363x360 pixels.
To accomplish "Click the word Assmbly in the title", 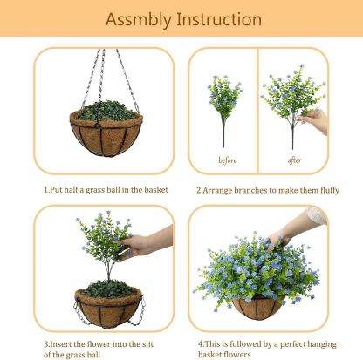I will [139, 19].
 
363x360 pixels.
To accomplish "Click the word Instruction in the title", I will [218, 19].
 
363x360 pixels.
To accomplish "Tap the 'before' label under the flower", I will [226, 160].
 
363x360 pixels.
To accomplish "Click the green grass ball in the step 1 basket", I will [106, 112].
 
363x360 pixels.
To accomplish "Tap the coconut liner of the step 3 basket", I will [106, 309].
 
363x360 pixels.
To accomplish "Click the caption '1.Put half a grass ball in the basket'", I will [106, 189].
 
